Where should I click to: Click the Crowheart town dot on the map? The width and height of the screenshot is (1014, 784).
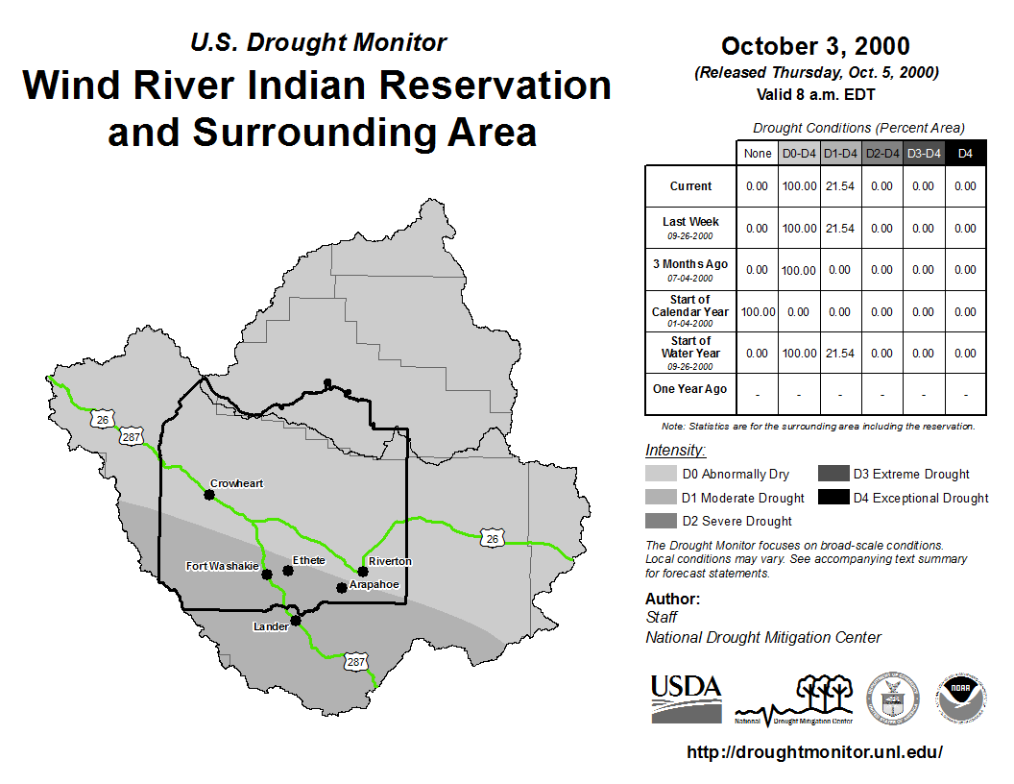[209, 495]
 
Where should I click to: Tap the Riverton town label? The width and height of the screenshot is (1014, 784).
[390, 561]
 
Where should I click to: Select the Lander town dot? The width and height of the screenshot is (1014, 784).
[296, 621]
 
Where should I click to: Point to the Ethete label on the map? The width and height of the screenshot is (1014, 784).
[308, 560]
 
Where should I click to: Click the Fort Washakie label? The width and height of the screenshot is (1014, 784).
[222, 566]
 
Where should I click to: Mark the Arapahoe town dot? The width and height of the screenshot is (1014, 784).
[342, 588]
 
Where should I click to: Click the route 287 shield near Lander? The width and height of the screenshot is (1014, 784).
[355, 662]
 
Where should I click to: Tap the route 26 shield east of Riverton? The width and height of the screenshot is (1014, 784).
[493, 538]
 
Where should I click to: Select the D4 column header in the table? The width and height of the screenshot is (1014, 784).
[965, 154]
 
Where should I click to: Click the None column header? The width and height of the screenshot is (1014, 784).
[758, 154]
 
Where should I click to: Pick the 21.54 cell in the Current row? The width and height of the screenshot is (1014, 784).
[840, 186]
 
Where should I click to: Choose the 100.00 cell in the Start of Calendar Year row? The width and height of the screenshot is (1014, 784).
[758, 312]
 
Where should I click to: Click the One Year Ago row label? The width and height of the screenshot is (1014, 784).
[690, 389]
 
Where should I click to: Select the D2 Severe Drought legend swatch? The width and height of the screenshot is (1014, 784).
[661, 521]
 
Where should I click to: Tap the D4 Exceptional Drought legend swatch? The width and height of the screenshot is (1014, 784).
[833, 497]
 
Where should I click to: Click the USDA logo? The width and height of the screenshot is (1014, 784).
[687, 698]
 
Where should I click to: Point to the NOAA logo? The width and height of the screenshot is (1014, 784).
[961, 698]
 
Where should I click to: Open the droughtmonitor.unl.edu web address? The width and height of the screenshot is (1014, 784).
[815, 751]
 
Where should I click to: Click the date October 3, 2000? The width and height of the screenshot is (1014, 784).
[815, 46]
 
